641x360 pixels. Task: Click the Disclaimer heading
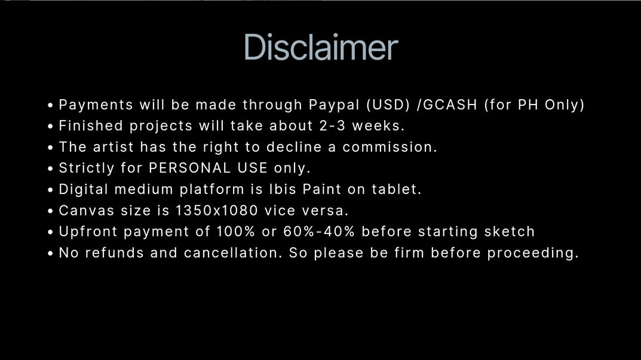(321, 47)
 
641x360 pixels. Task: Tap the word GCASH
(450, 104)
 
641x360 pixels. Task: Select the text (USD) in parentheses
(388, 104)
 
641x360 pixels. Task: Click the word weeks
(379, 126)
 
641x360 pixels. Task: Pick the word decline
(294, 147)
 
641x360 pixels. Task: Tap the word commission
(389, 147)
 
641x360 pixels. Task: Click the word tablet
(396, 189)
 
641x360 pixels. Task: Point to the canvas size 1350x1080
(217, 210)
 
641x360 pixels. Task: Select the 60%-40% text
(319, 232)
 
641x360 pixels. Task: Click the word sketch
(510, 232)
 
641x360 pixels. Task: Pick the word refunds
(115, 253)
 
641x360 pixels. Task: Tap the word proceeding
(533, 253)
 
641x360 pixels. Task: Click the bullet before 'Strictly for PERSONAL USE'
(50, 168)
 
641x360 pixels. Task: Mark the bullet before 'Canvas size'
(50, 211)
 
